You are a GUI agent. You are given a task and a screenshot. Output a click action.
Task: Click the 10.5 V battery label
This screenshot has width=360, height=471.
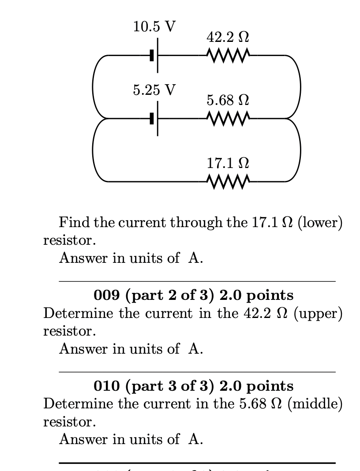pos(154,26)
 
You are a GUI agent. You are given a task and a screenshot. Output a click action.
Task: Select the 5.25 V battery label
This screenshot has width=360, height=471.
pos(154,90)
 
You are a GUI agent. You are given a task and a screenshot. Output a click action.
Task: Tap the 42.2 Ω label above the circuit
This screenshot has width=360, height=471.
pos(228,37)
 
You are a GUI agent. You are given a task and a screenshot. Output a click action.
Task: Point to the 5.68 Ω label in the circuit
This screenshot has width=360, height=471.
pos(228,101)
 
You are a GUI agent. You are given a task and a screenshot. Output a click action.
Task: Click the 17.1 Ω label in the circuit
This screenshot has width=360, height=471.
pos(228,164)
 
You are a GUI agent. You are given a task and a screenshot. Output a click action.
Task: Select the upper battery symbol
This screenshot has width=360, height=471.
pos(154,56)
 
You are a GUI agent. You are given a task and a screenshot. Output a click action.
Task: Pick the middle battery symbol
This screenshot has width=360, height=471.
pos(154,118)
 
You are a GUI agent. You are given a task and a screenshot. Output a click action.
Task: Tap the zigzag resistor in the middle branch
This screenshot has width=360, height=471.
pos(228,118)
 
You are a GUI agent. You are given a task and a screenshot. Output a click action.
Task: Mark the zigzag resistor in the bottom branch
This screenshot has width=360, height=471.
pos(228,181)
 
